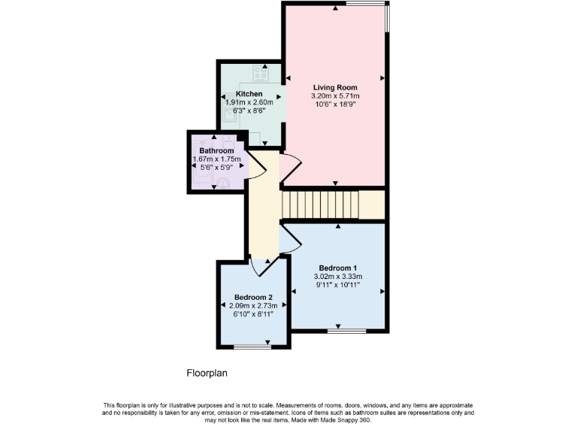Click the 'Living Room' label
point(335,88)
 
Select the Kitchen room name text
point(249,93)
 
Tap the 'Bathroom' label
point(216,151)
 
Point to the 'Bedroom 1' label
point(337,268)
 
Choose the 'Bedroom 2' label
point(252,297)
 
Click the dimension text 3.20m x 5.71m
point(335,96)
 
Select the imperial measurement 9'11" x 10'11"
point(337,285)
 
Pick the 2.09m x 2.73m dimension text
point(252,305)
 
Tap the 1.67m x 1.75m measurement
point(216,159)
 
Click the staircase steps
point(319,204)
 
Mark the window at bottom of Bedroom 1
point(346,331)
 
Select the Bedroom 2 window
point(252,347)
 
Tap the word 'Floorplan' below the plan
point(207,373)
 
